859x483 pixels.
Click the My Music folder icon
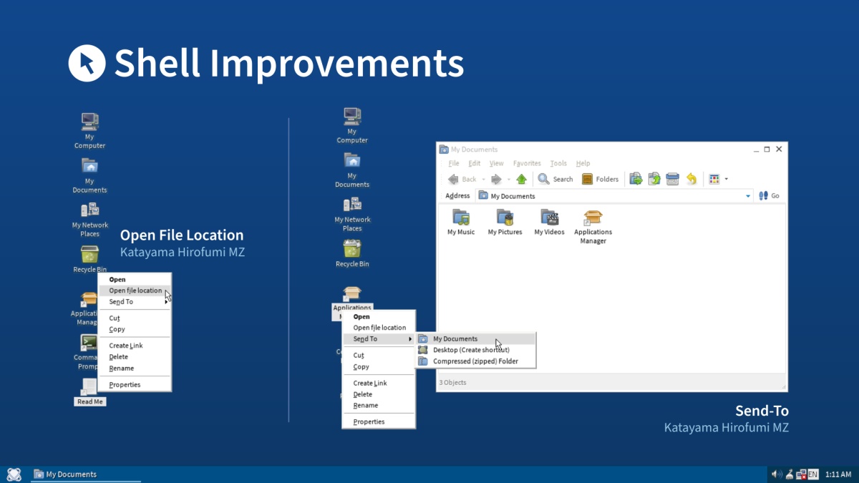461,218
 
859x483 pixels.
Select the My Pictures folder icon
505,218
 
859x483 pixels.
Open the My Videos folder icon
549,218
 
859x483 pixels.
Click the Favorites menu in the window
527,163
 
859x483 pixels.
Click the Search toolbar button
556,179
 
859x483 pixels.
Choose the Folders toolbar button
600,179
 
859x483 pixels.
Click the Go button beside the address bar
769,195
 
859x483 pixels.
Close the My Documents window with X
780,149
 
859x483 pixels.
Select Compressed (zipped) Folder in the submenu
476,361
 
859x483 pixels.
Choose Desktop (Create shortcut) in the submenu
471,350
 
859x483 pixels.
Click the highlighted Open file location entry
135,291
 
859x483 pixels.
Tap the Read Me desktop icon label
90,401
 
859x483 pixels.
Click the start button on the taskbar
14,474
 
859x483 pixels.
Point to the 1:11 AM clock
838,474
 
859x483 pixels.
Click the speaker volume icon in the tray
777,474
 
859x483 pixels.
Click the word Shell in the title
157,63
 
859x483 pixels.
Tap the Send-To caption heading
762,411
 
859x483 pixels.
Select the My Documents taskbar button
66,474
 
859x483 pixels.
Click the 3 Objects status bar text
452,383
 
